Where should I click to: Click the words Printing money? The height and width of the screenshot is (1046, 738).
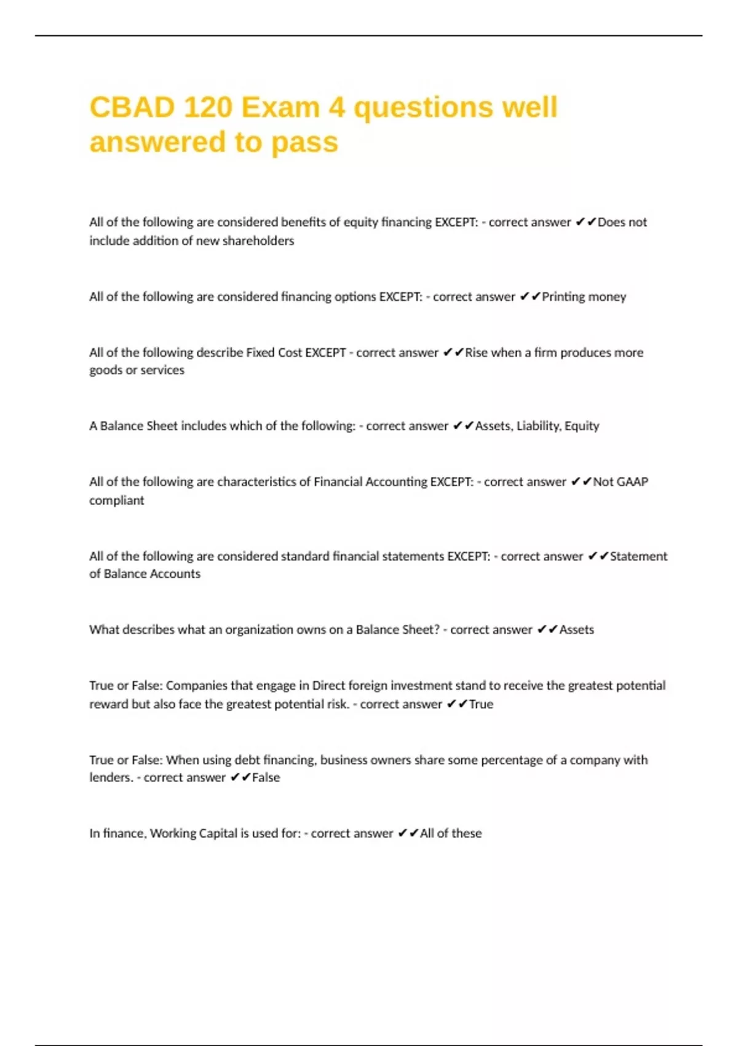point(584,297)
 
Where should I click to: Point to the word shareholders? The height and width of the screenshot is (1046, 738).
point(258,241)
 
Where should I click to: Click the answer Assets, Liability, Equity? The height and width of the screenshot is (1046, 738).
point(537,426)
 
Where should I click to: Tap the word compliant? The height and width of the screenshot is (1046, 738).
point(116,500)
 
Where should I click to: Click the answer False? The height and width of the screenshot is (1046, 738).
point(266,777)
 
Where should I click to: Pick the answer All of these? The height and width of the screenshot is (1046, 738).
point(451,833)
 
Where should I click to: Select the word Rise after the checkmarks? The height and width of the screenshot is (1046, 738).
point(477,353)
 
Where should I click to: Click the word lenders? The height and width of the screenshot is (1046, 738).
point(111,777)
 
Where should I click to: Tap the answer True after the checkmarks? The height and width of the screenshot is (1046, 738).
point(481,704)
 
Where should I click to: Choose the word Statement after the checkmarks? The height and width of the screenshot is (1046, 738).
point(638,556)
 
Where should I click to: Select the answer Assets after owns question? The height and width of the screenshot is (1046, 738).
point(576,629)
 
